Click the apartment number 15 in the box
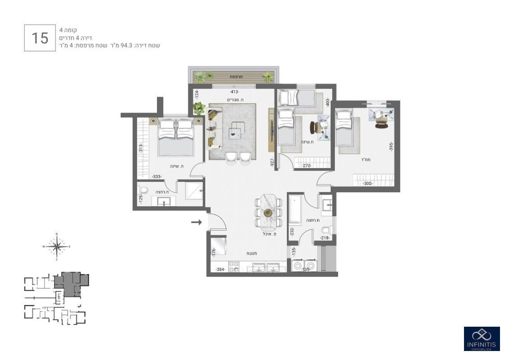point(40,38)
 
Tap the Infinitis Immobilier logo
point(482,338)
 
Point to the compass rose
point(56,246)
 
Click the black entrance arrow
point(196,222)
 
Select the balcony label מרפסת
point(236,77)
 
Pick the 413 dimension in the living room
point(234,92)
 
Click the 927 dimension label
point(272,162)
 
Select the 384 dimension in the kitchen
point(220,270)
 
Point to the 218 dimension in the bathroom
point(325,238)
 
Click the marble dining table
point(268,211)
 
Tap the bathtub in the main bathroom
point(294,209)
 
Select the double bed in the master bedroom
point(176,137)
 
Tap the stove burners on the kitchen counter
point(234,267)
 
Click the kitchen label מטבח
point(252,253)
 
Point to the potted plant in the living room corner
point(198,108)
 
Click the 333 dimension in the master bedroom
point(157,177)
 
